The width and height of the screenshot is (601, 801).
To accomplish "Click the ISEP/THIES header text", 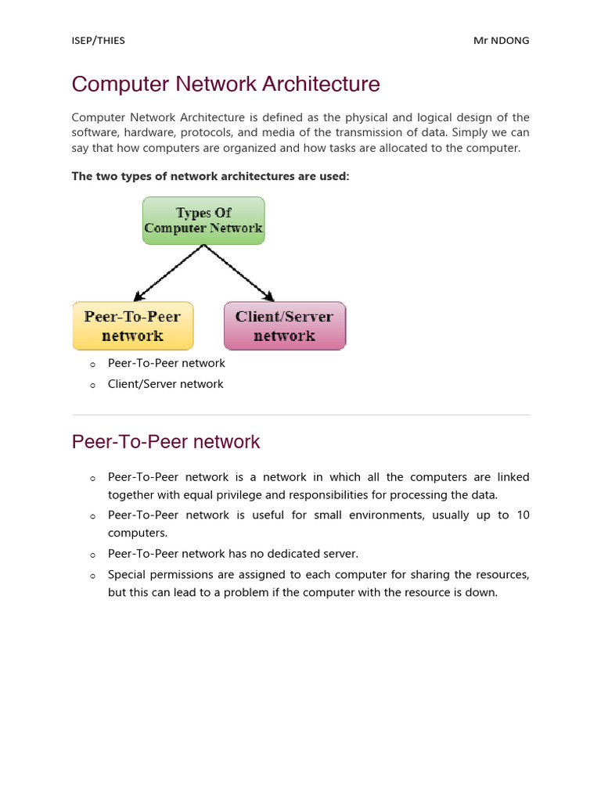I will pyautogui.click(x=98, y=41).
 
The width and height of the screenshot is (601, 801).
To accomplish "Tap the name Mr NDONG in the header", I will pyautogui.click(x=501, y=41).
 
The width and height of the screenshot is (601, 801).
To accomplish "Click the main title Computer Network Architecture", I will pyautogui.click(x=226, y=84).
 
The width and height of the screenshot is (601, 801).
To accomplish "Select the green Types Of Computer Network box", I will pyautogui.click(x=203, y=221).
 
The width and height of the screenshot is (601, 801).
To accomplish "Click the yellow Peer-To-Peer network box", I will pyautogui.click(x=132, y=325).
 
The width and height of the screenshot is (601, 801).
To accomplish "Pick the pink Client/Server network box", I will pyautogui.click(x=284, y=325).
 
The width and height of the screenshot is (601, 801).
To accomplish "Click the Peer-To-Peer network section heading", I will pyautogui.click(x=166, y=441).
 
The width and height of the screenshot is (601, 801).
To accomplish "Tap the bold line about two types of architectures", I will pyautogui.click(x=211, y=176).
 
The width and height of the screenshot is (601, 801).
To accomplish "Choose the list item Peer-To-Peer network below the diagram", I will pyautogui.click(x=166, y=363).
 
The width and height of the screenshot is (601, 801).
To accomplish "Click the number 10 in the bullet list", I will pyautogui.click(x=523, y=515).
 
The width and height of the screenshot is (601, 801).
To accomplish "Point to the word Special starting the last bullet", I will pyautogui.click(x=128, y=574).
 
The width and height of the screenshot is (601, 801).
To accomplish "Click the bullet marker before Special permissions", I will pyautogui.click(x=92, y=576).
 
